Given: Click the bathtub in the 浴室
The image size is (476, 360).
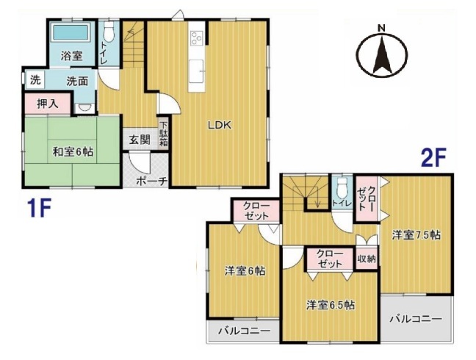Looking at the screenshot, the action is click(71, 32).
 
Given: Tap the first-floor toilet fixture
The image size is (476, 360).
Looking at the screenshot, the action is click(109, 32).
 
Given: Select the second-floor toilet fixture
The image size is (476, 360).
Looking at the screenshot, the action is click(342, 186).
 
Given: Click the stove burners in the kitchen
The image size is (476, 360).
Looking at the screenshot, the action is click(196, 38).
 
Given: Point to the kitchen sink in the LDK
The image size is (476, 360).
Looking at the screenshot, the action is click(196, 71).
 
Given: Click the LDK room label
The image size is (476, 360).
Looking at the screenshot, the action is click(220, 125).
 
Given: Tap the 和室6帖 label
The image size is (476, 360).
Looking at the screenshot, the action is click(73, 151).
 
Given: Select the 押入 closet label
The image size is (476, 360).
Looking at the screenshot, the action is click(47, 104).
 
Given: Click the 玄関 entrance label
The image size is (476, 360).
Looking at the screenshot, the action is click(140, 140).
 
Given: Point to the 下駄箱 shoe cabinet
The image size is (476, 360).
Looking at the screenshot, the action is click(164, 134).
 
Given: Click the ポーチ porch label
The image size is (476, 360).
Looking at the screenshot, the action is click(152, 181).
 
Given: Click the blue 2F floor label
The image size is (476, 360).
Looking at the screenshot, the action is click(433, 157).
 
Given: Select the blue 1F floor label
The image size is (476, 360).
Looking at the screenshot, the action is click(38, 208).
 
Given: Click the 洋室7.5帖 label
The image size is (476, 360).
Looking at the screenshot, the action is click(416, 235).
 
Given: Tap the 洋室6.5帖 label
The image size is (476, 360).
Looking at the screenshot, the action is click(331, 304).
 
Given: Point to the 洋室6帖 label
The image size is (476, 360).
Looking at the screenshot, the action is click(245, 270).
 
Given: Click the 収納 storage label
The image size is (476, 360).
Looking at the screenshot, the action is click(367, 259).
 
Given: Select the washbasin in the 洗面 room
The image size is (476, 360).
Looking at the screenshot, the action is click(84, 108).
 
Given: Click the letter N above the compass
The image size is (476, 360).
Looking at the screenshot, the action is click(381, 29).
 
